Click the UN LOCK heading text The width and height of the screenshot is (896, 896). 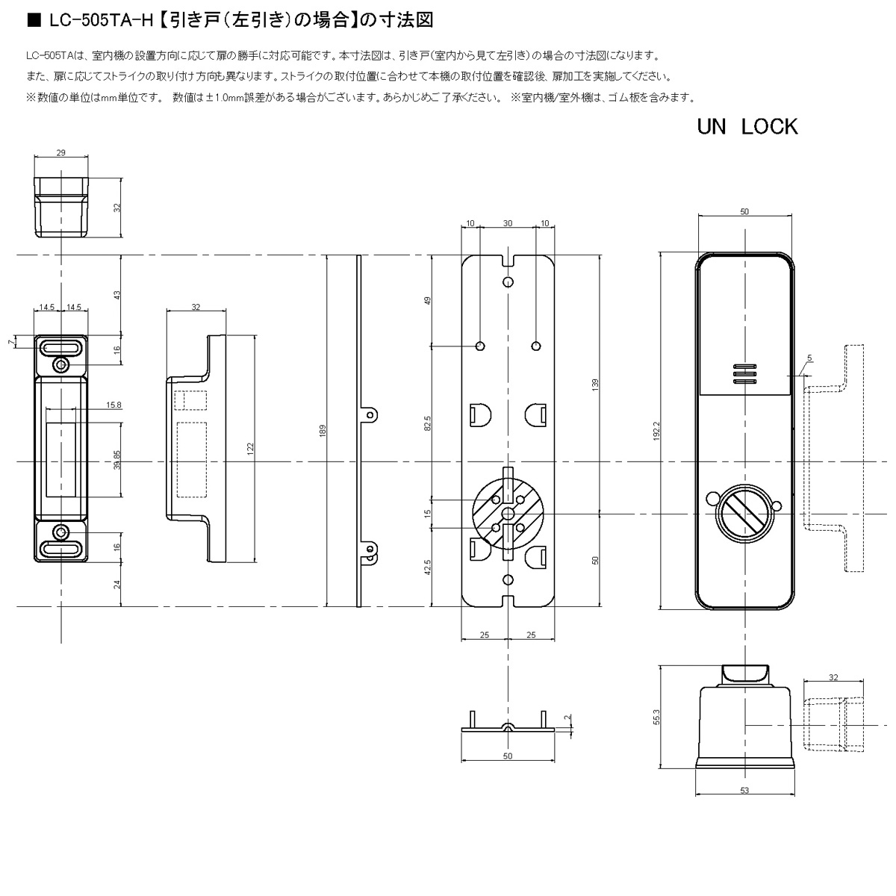click(x=747, y=127)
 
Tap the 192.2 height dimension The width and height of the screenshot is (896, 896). click(x=656, y=431)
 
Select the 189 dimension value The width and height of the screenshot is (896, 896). click(x=323, y=431)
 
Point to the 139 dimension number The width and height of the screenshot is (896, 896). click(x=596, y=385)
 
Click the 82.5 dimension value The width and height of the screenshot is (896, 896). click(x=428, y=423)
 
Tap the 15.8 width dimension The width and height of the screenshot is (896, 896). click(x=113, y=405)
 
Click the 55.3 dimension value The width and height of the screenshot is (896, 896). click(x=656, y=717)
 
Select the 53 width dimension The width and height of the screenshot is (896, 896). click(x=744, y=790)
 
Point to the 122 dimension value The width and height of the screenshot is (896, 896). click(x=251, y=449)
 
